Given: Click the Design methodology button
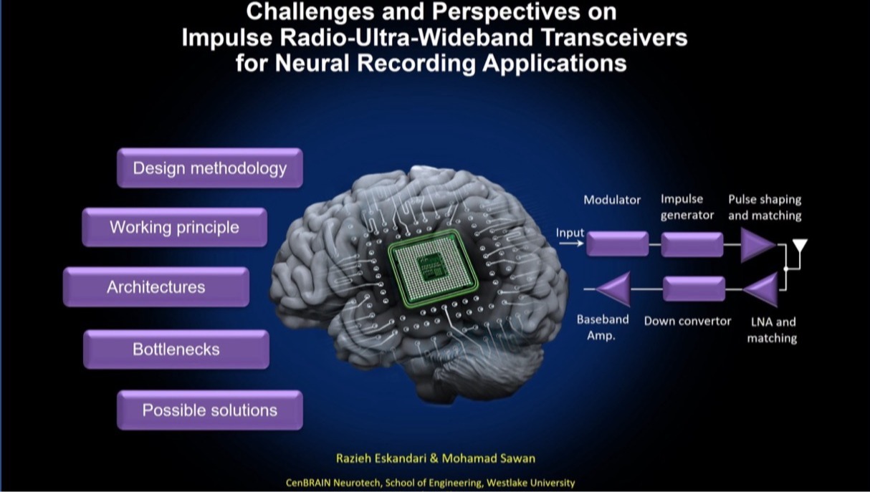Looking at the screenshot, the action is click(210, 168).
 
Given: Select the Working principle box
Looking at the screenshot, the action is click(174, 227).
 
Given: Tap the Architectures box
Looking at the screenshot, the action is click(156, 286).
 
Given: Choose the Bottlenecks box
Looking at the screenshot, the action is click(176, 349).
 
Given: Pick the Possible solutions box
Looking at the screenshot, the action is click(210, 410).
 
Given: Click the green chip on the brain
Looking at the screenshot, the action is click(433, 269).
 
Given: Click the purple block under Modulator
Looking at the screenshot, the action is click(617, 243).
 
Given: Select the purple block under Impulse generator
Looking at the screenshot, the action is click(692, 244).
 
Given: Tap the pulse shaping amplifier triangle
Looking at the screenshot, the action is click(757, 245).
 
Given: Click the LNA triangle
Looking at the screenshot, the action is click(761, 289).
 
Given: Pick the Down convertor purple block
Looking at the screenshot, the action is click(694, 289).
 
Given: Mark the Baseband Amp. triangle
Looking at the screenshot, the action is click(613, 289).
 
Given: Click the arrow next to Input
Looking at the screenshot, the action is click(571, 243).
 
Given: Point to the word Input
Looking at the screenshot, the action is click(570, 233).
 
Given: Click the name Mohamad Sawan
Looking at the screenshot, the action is click(488, 458).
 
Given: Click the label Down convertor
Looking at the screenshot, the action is click(687, 322).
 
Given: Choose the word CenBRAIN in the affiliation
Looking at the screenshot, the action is click(308, 483).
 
